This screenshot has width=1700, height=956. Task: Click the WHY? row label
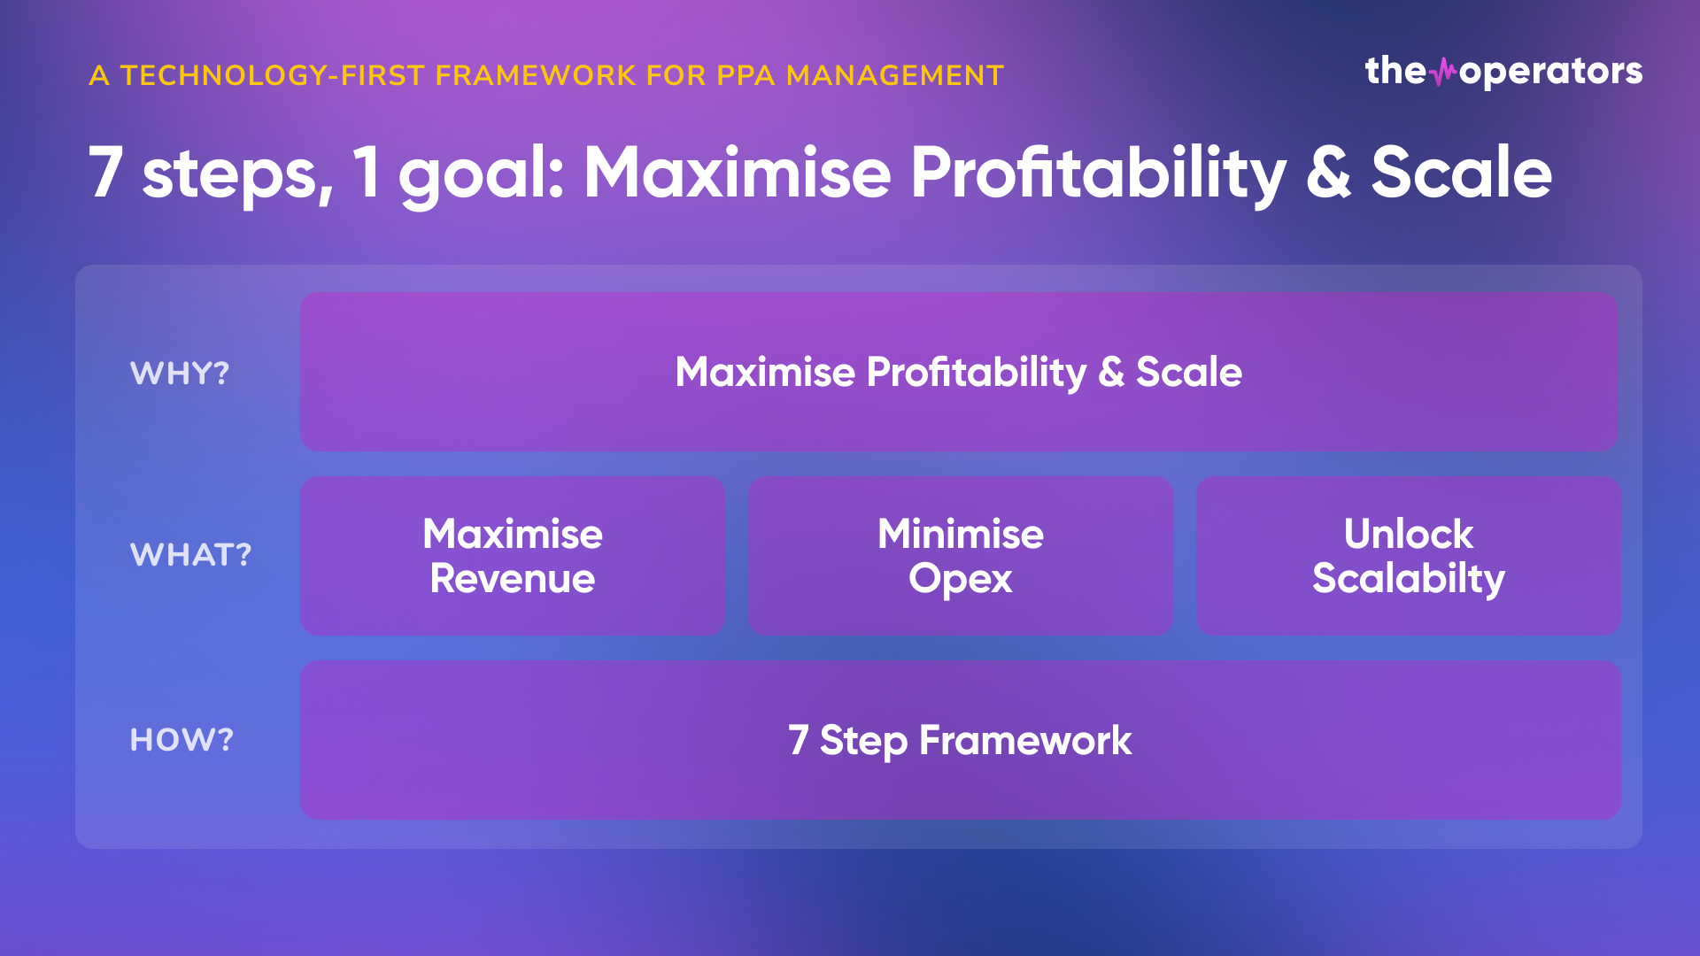[x=180, y=373]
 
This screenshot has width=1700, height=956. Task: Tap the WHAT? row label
[x=191, y=555]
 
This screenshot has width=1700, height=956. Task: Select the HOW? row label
[x=182, y=739]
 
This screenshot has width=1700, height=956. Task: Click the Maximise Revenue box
[x=513, y=555]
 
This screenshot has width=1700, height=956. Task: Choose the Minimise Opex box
[x=961, y=555]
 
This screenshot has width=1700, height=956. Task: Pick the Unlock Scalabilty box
[x=1409, y=555]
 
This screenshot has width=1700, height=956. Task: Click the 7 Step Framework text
[x=960, y=740]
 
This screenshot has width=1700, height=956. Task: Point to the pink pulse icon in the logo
[x=1443, y=72]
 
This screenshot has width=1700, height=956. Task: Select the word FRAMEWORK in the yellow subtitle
[x=536, y=75]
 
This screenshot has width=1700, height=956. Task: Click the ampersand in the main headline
[x=1328, y=172]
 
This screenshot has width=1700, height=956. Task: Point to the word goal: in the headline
[x=481, y=175]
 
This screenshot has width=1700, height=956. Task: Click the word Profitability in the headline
[x=1098, y=173]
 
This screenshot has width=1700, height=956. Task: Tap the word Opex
[x=961, y=580]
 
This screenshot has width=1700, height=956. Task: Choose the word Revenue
[x=513, y=579]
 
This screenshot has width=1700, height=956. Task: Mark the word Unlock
[x=1409, y=534]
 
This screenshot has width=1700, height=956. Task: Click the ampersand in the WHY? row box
[x=1111, y=373]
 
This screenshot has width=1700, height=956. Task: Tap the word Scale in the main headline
[x=1462, y=172]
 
